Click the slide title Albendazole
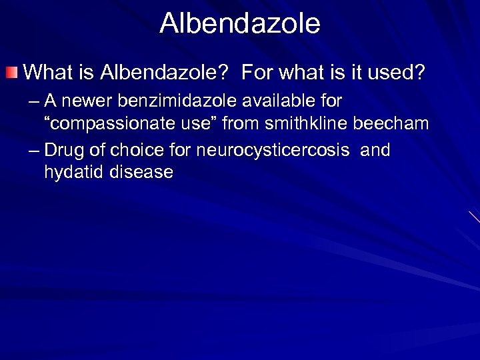tap(240, 23)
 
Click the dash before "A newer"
tap(34, 102)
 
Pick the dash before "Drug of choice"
tap(34, 151)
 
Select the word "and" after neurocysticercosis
tap(375, 150)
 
